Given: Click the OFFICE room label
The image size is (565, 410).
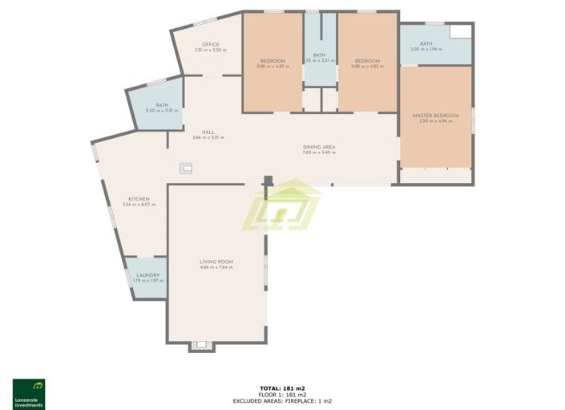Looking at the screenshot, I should pyautogui.click(x=211, y=44).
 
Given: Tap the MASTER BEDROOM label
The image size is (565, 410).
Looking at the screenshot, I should pyautogui.click(x=435, y=116).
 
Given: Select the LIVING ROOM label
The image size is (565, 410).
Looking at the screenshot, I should pyautogui.click(x=216, y=262).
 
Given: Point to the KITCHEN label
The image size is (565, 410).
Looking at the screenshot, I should pyautogui.click(x=139, y=199).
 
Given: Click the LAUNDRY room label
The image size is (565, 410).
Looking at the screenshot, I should pyautogui.click(x=148, y=274).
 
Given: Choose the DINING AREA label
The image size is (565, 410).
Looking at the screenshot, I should pyautogui.click(x=318, y=146).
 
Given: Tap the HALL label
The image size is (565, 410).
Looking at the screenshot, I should pyautogui.click(x=208, y=132).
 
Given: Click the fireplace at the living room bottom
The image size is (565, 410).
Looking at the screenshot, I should pyautogui.click(x=201, y=347).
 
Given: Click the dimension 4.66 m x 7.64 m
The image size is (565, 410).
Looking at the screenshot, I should pyautogui.click(x=216, y=267).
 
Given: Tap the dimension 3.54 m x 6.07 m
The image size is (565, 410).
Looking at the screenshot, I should pyautogui.click(x=139, y=205).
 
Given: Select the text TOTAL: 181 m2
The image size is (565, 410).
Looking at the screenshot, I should pyautogui.click(x=282, y=388).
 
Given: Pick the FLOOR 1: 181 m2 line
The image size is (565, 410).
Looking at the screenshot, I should pyautogui.click(x=282, y=394).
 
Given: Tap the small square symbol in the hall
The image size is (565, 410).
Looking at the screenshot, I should pyautogui.click(x=186, y=168).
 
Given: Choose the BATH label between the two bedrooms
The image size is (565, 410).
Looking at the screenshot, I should pyautogui.click(x=319, y=55).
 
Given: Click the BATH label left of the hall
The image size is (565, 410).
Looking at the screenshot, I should pyautogui.click(x=162, y=105).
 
